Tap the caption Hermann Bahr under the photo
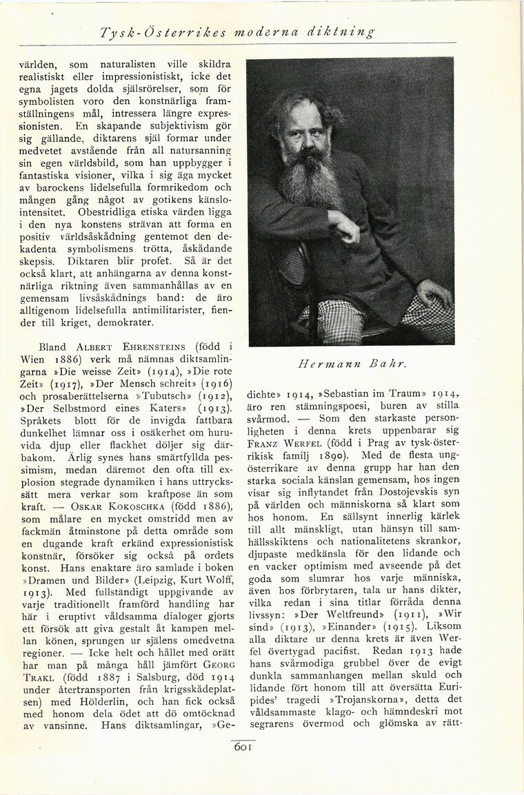[x=349, y=364]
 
